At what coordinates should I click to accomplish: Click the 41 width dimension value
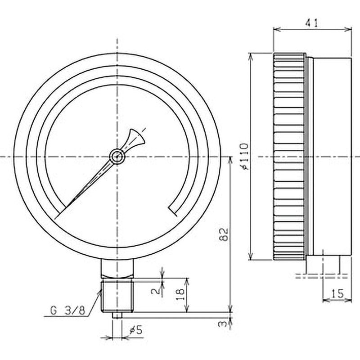(x=312, y=22)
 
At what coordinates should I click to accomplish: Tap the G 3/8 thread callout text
(x=67, y=310)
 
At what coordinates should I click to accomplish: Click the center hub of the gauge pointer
(x=117, y=157)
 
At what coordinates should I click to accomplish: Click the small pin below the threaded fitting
(x=117, y=315)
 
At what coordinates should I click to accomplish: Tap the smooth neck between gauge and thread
(x=117, y=270)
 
